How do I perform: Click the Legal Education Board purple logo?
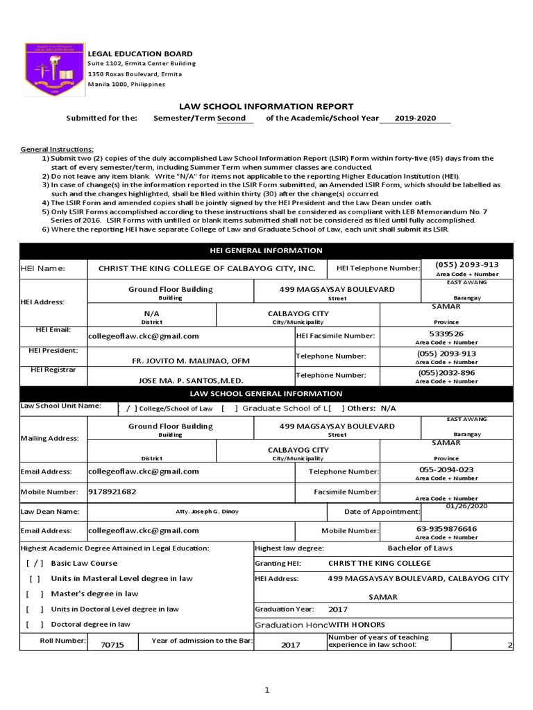[x=55, y=69]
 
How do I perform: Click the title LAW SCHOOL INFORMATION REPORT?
[x=266, y=106]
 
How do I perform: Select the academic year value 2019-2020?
[x=416, y=119]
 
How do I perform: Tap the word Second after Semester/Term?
[x=232, y=119]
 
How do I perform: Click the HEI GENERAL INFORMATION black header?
[x=266, y=250]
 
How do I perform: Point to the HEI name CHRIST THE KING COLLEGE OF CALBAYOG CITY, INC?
[x=207, y=268]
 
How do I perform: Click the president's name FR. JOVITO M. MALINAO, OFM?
[x=190, y=361]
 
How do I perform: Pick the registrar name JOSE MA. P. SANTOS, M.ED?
[x=192, y=381]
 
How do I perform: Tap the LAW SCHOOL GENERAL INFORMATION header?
[x=266, y=393]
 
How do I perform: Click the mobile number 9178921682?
[x=113, y=491]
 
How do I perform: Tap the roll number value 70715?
[x=112, y=645]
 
